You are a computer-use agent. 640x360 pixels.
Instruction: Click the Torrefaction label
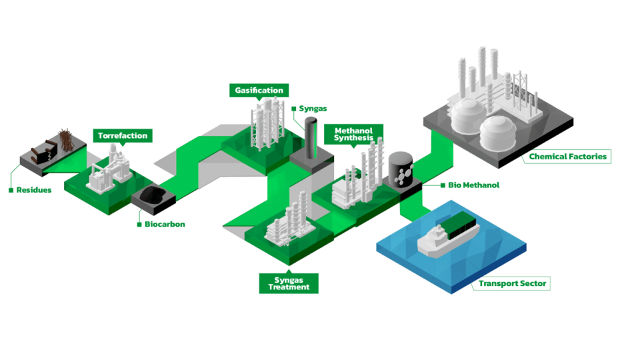(x=123, y=136)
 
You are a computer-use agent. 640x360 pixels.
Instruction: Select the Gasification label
(x=259, y=91)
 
